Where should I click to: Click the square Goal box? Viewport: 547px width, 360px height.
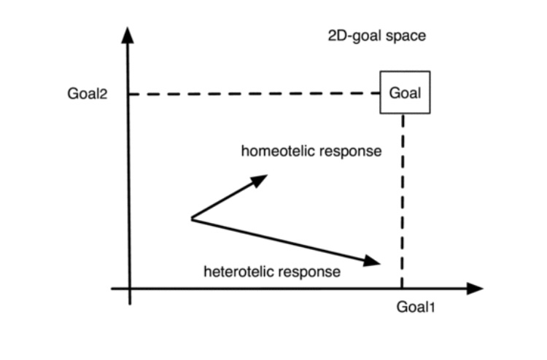click(405, 93)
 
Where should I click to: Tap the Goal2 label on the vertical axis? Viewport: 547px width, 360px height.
click(87, 93)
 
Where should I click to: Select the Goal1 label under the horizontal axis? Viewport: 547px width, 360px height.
click(415, 307)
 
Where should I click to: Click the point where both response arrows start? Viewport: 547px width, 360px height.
click(191, 218)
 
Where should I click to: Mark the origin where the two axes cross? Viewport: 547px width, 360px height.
click(129, 289)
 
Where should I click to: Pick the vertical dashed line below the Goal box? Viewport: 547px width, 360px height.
click(402, 197)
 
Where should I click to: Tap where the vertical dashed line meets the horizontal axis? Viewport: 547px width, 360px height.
click(402, 289)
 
